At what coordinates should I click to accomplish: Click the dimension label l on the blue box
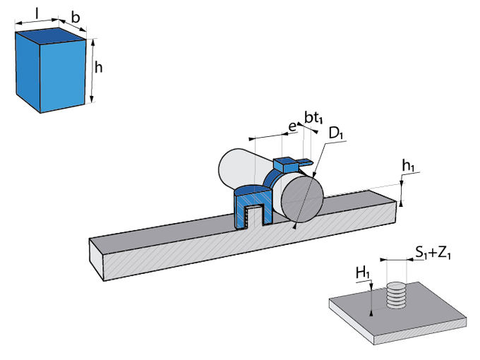coord(37,13)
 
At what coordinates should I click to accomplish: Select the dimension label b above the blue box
coord(73,18)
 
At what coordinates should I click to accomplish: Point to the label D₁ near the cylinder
coord(335,132)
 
